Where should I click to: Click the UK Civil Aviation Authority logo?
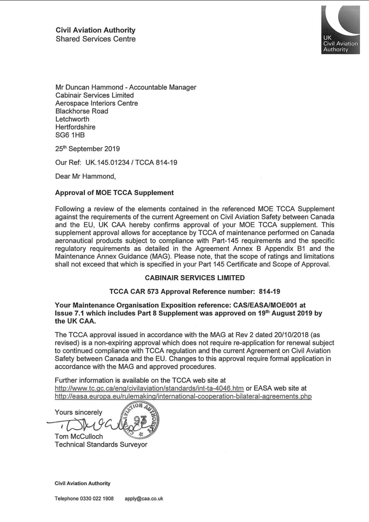click(340, 30)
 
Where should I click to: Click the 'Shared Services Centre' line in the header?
click(95, 39)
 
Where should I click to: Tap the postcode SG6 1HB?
click(70, 135)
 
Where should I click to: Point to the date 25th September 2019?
click(87, 149)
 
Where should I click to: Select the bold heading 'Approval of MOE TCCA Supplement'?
click(114, 193)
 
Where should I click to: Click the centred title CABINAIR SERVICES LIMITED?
click(195, 278)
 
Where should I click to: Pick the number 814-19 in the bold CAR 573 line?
click(269, 292)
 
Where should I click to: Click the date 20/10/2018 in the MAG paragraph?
click(291, 335)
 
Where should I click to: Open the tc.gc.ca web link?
click(149, 388)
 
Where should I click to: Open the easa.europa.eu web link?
click(183, 396)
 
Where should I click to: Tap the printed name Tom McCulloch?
click(79, 437)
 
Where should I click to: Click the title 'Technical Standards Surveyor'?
click(101, 445)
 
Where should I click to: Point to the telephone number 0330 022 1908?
click(97, 499)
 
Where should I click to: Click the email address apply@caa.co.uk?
click(144, 499)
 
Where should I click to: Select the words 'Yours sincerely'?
click(78, 412)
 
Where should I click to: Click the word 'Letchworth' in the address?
click(72, 119)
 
